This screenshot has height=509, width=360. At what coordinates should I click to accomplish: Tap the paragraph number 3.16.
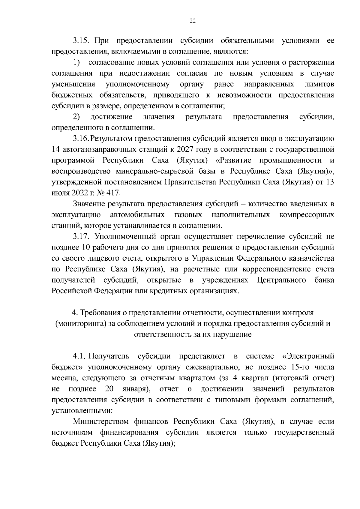(x=80, y=139)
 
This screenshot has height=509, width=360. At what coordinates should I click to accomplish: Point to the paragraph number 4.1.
(x=79, y=356)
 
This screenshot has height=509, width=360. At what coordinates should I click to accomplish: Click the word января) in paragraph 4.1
(x=136, y=389)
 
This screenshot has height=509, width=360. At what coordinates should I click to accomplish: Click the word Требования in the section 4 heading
(x=100, y=313)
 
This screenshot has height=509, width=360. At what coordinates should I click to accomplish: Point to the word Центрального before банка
(x=281, y=280)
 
